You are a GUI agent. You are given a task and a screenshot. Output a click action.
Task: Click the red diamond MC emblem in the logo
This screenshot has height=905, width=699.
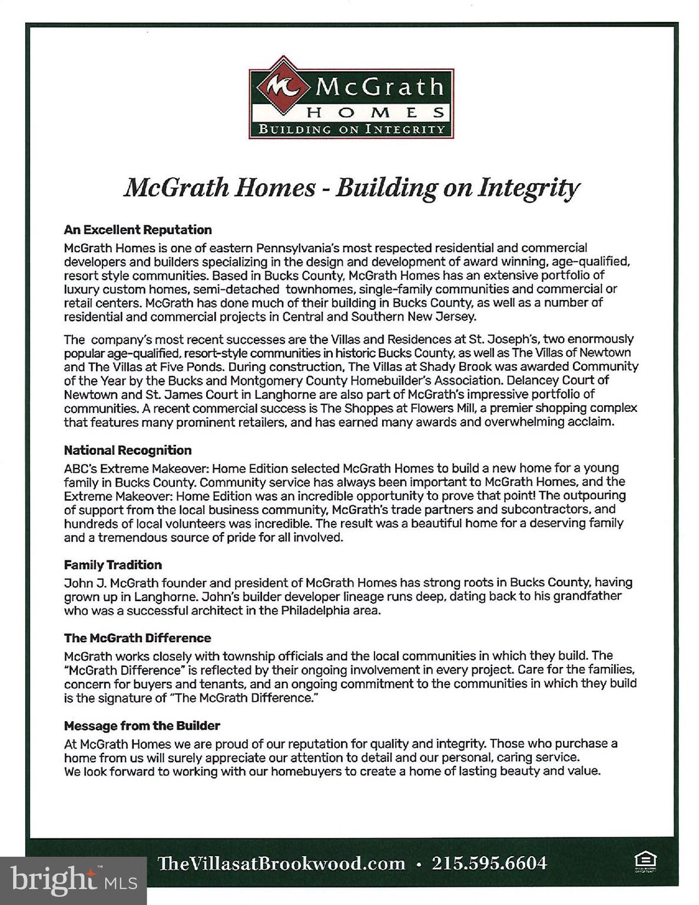(283, 87)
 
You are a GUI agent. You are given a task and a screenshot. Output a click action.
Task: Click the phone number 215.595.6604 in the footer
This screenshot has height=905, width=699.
(489, 863)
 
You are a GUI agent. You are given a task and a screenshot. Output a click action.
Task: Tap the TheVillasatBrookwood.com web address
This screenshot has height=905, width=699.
(281, 864)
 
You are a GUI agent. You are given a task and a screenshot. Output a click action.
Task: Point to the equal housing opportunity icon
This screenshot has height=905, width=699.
(645, 861)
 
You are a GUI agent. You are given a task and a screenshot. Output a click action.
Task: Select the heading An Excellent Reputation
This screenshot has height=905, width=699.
(138, 230)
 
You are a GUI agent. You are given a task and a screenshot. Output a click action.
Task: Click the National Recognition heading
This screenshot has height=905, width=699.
(128, 450)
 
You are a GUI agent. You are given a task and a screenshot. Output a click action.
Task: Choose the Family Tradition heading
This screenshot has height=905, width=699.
(113, 564)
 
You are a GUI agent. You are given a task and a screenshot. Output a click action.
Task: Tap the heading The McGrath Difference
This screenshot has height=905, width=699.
(137, 638)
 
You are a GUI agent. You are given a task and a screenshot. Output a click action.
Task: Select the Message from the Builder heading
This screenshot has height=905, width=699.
(142, 725)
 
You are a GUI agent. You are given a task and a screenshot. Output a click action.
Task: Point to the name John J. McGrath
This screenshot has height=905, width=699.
(111, 583)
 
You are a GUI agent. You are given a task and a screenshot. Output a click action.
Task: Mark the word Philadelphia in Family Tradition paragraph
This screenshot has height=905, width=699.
(315, 610)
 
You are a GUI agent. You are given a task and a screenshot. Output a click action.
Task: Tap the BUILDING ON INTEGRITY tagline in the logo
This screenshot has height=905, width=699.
(352, 129)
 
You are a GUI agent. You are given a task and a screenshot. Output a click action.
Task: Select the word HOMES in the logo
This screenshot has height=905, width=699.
(377, 112)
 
